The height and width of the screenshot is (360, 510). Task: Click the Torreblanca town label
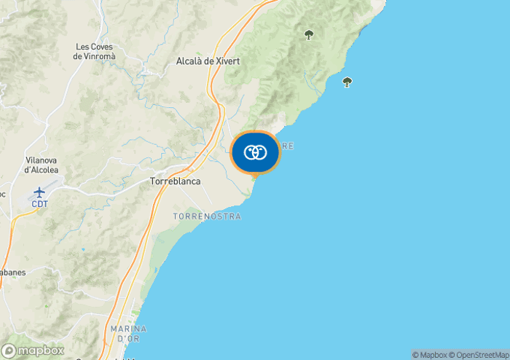pos(175,181)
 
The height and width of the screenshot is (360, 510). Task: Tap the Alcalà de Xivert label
pos(208,61)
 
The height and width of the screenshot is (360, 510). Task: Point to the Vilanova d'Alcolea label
pos(42,164)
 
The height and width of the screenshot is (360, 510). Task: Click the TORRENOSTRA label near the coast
pos(207,216)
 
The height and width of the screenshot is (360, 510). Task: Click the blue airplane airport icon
pos(39,192)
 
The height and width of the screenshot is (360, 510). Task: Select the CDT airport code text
pos(39,204)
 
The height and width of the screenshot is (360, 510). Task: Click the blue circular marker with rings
pos(255,152)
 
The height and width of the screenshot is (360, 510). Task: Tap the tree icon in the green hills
pos(309,34)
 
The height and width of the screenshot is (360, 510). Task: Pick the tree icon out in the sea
pos(347,82)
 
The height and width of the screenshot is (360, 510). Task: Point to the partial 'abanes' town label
pos(13,273)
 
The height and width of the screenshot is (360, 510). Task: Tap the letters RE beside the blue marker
pos(288,146)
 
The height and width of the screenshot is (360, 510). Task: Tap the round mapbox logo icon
pos(9,351)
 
